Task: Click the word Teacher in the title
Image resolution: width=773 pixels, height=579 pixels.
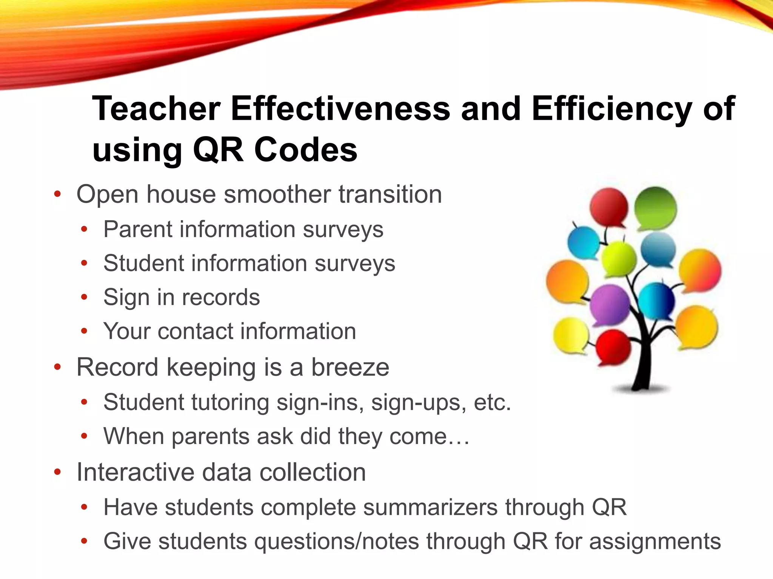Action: pyautogui.click(x=156, y=109)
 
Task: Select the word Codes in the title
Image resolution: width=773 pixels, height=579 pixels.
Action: pyautogui.click(x=306, y=150)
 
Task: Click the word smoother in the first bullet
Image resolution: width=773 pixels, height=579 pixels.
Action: pyautogui.click(x=277, y=195)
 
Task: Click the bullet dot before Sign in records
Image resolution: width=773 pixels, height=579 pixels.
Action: pyautogui.click(x=84, y=297)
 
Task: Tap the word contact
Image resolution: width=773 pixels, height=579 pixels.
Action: pyautogui.click(x=196, y=331)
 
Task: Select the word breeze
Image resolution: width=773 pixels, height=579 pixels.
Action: pyautogui.click(x=350, y=367)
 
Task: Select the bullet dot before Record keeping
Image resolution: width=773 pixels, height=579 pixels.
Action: pyautogui.click(x=57, y=367)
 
